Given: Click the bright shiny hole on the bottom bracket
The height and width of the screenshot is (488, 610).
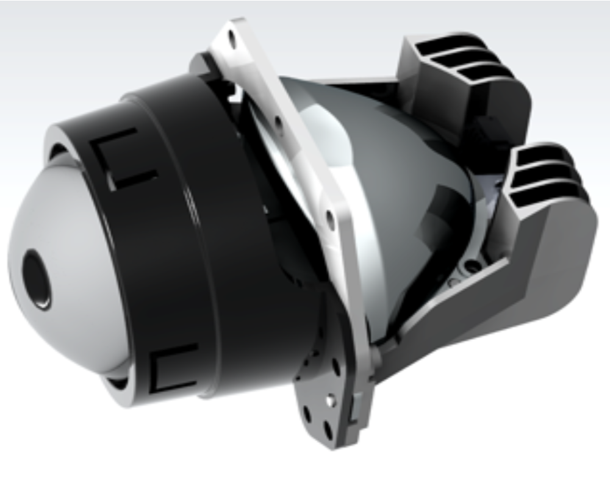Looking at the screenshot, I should pos(330,400).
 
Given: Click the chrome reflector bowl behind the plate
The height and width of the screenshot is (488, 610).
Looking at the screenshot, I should pos(390,183).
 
